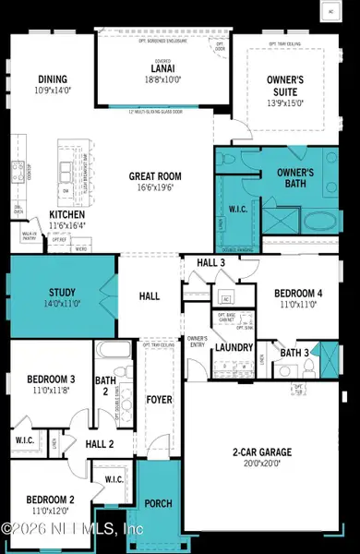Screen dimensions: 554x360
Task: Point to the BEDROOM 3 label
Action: tap(44, 379)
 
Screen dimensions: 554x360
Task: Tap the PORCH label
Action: tap(159, 502)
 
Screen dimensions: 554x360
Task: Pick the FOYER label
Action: tap(160, 400)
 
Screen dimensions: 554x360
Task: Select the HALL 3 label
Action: tap(211, 263)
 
